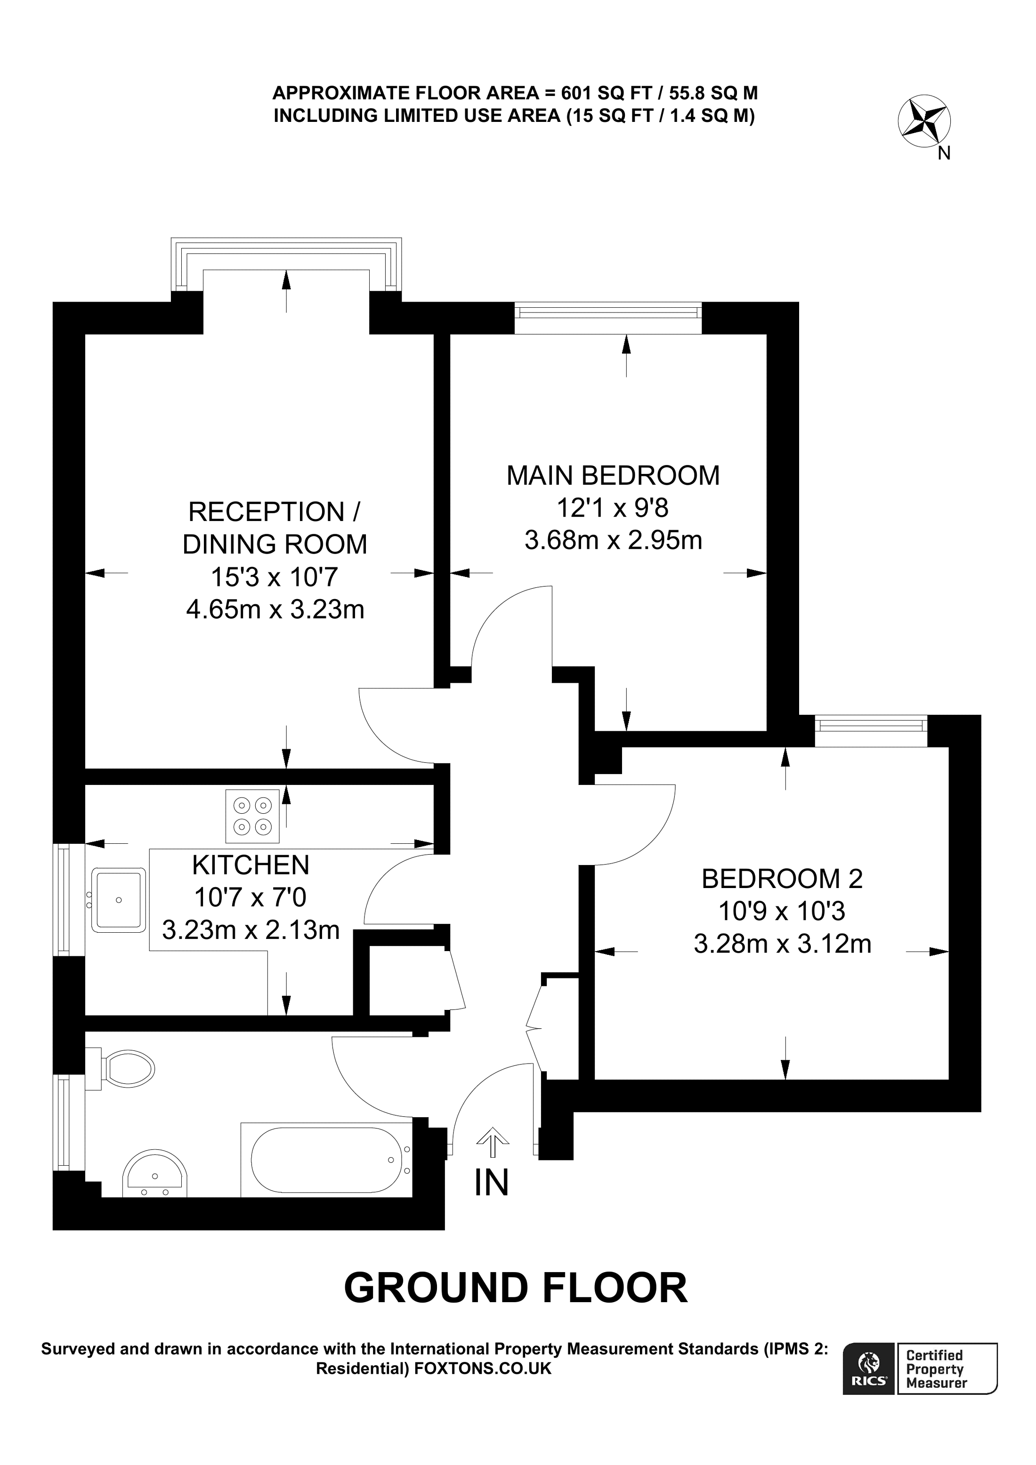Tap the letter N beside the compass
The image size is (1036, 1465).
pyautogui.click(x=945, y=154)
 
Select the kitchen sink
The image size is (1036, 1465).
pyautogui.click(x=119, y=900)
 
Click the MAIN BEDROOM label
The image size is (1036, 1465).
pyautogui.click(x=612, y=476)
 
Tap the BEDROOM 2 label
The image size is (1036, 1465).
pyautogui.click(x=782, y=879)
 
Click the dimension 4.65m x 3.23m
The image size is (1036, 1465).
pyautogui.click(x=275, y=610)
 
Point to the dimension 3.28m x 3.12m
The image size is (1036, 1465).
pyautogui.click(x=782, y=944)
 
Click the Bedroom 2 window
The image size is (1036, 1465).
pyautogui.click(x=871, y=725)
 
